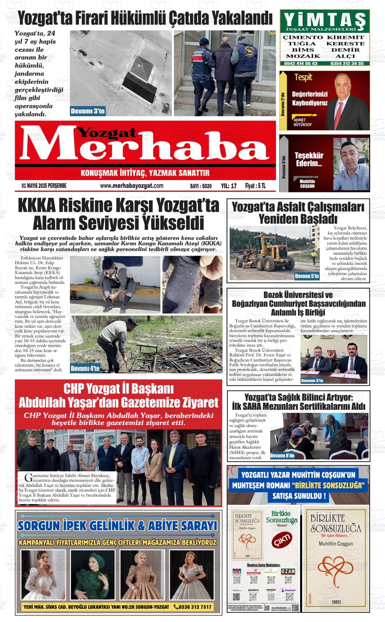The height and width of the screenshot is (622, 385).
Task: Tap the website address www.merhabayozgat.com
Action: pyautogui.click(x=132, y=186)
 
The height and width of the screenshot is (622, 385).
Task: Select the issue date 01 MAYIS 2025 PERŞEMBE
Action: pyautogui.click(x=44, y=186)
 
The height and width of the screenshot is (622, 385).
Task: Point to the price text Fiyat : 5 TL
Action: pyautogui.click(x=255, y=186)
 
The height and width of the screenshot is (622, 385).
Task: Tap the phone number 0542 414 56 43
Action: pyautogui.click(x=301, y=63)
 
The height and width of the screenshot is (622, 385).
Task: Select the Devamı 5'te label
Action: pyautogui.click(x=307, y=276)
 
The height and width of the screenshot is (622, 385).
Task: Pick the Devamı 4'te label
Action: pyautogui.click(x=85, y=369)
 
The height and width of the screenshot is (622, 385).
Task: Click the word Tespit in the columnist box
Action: pyautogui.click(x=303, y=77)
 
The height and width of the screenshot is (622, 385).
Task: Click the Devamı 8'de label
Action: pyautogui.click(x=282, y=456)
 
